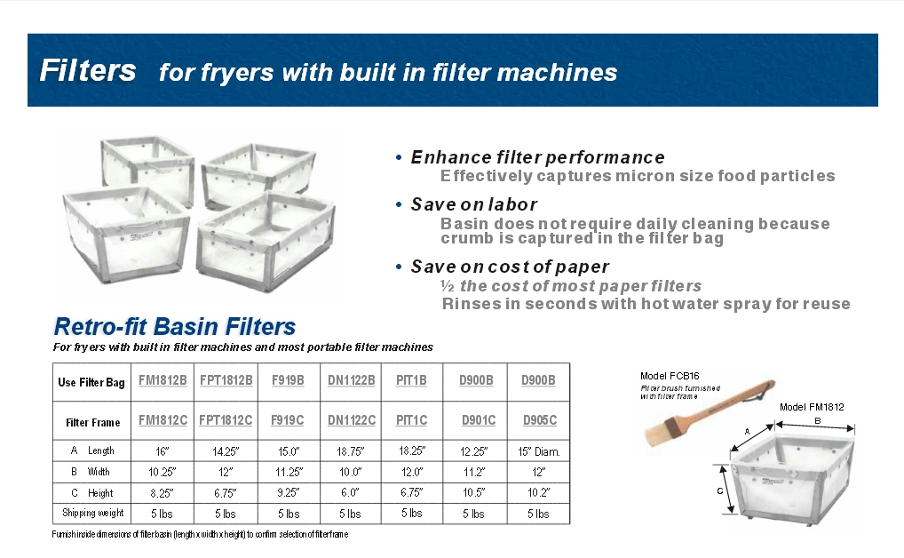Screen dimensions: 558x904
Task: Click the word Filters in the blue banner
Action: click(x=88, y=70)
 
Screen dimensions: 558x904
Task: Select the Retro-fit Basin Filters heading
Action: click(x=175, y=326)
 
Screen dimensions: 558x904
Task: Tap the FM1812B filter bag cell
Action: click(x=163, y=380)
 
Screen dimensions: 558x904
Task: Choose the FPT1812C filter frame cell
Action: click(x=226, y=419)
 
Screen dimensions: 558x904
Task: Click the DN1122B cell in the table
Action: click(x=352, y=380)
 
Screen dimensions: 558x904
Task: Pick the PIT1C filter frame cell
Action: click(x=411, y=419)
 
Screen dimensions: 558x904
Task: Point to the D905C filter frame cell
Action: click(x=540, y=419)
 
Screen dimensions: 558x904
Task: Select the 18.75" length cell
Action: click(x=350, y=451)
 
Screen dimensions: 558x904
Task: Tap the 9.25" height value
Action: click(x=288, y=492)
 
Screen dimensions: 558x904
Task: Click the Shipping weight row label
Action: click(x=92, y=513)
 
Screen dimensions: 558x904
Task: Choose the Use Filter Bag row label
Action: click(x=91, y=382)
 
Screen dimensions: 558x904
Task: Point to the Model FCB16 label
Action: click(x=670, y=376)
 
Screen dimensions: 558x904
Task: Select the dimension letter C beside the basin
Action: click(x=719, y=490)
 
